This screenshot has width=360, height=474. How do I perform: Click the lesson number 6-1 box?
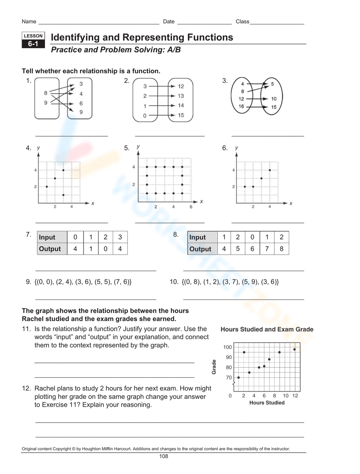(33, 44)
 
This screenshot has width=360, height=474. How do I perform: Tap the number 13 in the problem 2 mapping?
(181, 96)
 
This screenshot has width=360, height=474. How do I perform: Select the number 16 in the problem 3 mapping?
(241, 106)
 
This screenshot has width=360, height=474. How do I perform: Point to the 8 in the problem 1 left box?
(46, 93)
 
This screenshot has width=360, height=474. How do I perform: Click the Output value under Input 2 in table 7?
(105, 249)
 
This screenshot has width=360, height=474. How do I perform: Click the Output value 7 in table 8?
(267, 249)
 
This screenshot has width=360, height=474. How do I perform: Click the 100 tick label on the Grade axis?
(228, 347)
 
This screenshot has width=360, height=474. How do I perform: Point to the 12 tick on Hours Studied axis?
(295, 396)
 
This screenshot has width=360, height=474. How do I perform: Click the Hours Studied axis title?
(267, 403)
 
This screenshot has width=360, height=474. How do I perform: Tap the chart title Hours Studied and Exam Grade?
(267, 329)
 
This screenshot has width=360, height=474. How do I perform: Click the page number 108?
(163, 456)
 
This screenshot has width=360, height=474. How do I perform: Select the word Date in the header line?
(168, 22)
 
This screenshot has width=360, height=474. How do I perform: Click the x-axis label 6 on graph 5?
(191, 207)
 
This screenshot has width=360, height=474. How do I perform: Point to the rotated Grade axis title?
(214, 367)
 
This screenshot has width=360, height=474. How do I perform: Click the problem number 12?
(26, 388)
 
